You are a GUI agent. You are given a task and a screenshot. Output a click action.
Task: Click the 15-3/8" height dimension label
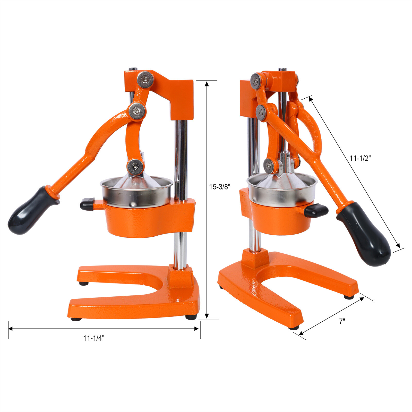(x=219, y=187)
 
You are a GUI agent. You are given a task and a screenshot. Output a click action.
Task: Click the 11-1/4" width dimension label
(x=94, y=338)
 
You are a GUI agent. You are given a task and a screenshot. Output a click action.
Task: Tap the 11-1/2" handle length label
(x=360, y=158)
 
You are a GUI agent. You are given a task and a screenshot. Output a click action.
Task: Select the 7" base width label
(x=342, y=321)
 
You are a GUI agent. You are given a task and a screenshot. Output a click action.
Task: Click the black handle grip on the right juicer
(x=366, y=234)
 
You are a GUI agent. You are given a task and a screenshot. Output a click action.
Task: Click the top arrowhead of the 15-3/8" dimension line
(x=207, y=84)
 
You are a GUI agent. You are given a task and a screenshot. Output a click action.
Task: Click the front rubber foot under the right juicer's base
(x=294, y=328)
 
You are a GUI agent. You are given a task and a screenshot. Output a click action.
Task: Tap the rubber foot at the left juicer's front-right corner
(x=191, y=317)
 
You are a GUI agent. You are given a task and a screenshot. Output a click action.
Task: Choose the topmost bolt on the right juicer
(x=256, y=81)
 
